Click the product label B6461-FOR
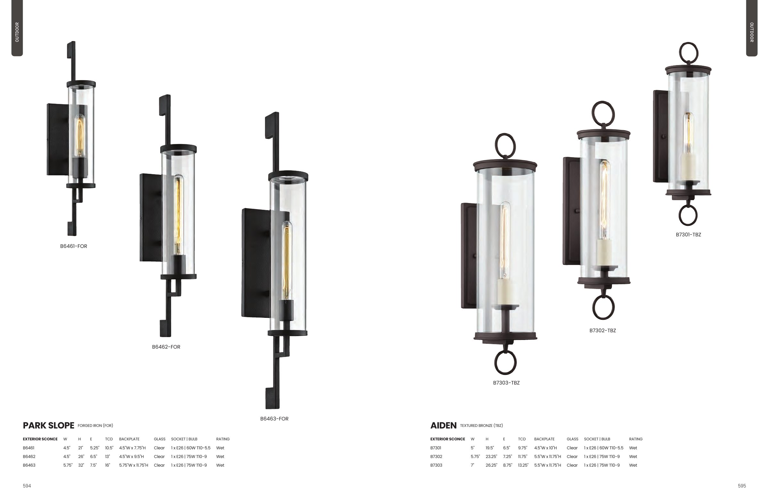click(73, 246)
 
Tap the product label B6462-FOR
click(166, 347)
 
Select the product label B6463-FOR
click(274, 419)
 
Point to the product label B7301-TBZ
click(688, 234)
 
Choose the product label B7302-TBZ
click(603, 330)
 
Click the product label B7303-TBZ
click(506, 383)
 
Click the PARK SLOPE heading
click(48, 425)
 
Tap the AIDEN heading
click(443, 425)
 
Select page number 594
click(27, 486)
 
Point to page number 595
click(742, 486)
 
